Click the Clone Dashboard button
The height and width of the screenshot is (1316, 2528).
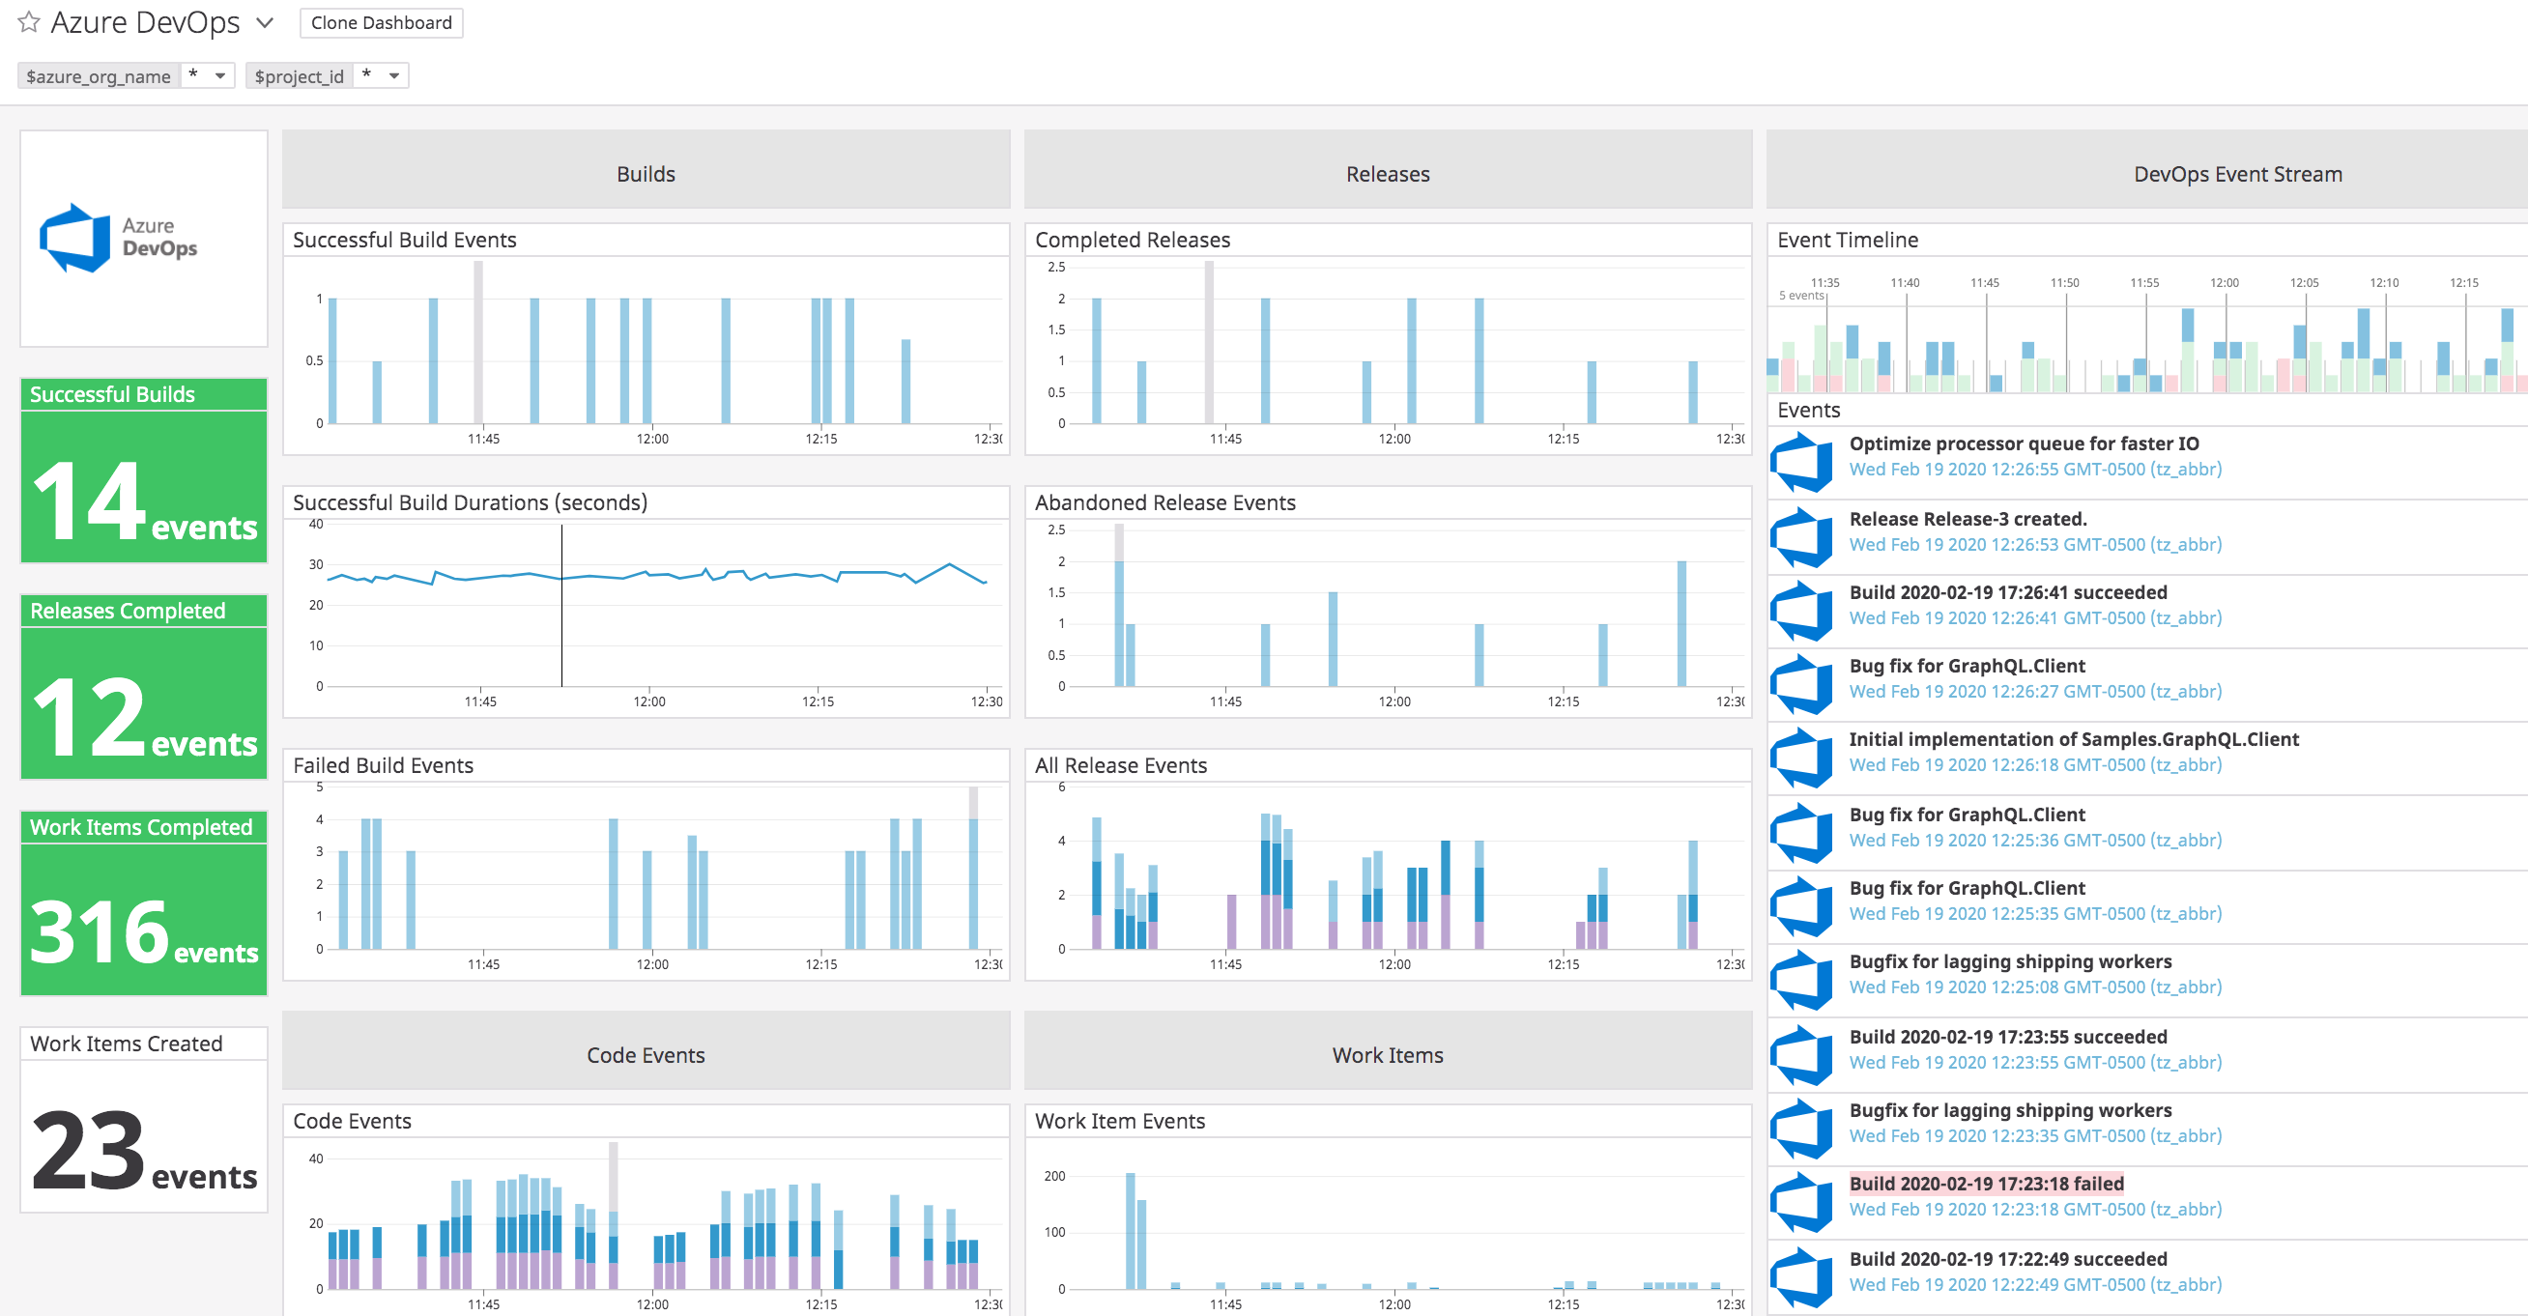click(x=381, y=22)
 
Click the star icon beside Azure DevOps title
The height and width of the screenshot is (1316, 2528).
click(x=28, y=21)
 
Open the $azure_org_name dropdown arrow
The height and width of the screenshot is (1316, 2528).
click(x=219, y=75)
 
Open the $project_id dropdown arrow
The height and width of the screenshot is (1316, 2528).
click(x=393, y=75)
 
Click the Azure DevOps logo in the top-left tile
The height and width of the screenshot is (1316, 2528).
click(x=74, y=239)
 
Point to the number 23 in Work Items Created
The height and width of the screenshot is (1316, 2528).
click(x=88, y=1149)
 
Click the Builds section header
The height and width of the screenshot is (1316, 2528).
click(x=646, y=174)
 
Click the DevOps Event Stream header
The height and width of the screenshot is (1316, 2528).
click(x=2236, y=174)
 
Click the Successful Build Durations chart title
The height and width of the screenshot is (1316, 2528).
click(x=470, y=502)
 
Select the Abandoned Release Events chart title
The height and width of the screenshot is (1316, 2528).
click(x=1164, y=502)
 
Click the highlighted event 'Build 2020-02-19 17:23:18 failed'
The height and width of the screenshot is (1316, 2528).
click(x=1985, y=1184)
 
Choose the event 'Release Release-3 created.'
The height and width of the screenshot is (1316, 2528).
click(x=1967, y=519)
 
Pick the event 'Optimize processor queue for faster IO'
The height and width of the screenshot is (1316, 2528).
click(x=2023, y=443)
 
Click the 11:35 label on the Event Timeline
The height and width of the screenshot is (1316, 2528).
click(x=1824, y=283)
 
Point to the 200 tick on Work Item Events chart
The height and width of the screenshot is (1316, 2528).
click(x=1054, y=1176)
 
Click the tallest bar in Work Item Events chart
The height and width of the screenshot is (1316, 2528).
click(x=1131, y=1231)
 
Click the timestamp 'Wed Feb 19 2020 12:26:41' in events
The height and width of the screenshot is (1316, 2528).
click(x=2034, y=618)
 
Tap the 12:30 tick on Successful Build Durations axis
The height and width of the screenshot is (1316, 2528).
click(x=987, y=701)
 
